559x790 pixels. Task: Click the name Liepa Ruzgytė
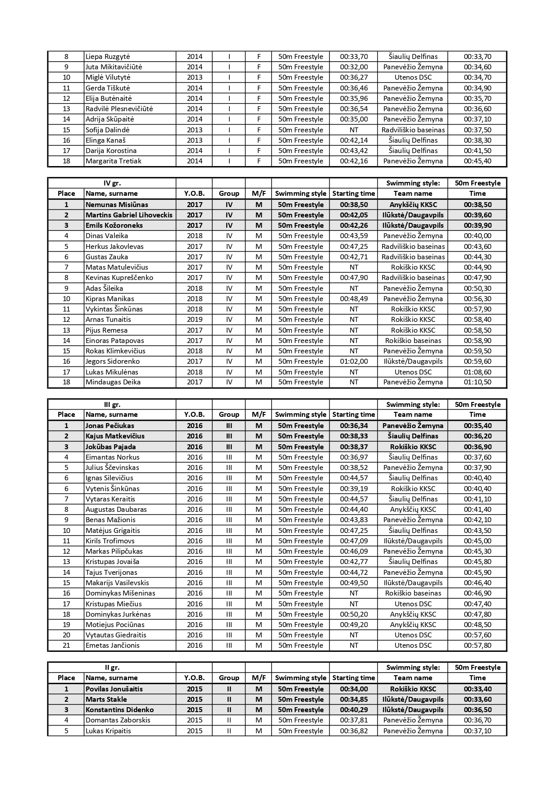(108, 57)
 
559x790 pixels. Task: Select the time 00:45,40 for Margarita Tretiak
(477, 161)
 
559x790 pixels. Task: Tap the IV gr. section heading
(112, 183)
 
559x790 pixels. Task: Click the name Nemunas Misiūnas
(117, 204)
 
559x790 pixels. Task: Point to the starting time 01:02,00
(354, 361)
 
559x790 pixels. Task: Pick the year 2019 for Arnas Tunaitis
(195, 320)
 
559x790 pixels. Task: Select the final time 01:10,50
(477, 382)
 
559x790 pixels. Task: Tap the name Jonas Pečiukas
(110, 426)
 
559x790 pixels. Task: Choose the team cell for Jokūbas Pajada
(413, 447)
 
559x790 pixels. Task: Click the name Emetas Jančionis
(113, 646)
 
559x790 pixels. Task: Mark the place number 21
(66, 646)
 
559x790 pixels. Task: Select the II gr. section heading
(112, 668)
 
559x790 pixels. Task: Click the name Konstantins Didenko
(120, 710)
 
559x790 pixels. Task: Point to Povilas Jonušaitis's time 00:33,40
(477, 689)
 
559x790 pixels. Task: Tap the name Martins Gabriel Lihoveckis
(129, 215)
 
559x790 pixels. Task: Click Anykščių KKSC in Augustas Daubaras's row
(413, 510)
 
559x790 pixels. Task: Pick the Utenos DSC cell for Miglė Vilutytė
(413, 77)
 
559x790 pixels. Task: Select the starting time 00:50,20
(354, 614)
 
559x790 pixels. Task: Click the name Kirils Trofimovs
(110, 541)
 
